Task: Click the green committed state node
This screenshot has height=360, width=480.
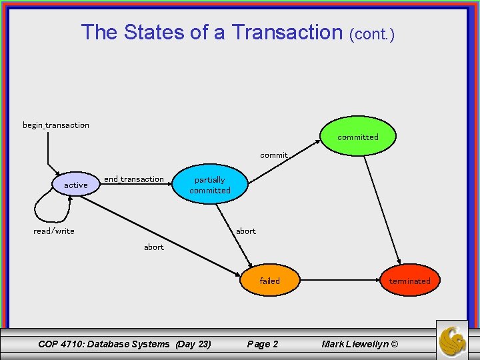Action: (357, 137)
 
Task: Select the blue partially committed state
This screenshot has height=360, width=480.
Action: (210, 185)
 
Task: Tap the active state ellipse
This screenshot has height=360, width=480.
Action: (75, 185)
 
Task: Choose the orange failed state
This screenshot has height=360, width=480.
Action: (270, 281)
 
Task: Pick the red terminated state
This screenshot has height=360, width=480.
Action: (409, 281)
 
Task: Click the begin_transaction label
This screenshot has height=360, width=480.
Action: (56, 125)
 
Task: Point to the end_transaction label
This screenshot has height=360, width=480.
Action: (134, 179)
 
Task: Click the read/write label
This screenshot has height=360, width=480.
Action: (54, 231)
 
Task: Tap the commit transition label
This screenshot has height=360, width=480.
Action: (274, 155)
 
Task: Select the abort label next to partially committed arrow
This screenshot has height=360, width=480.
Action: (246, 231)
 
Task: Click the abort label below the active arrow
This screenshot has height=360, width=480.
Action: (154, 247)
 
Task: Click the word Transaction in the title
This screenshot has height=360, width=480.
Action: (287, 32)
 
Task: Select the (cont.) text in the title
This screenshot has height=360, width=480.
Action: (372, 33)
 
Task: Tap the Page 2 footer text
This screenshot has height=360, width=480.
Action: (263, 344)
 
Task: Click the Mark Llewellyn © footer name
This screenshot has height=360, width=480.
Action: (359, 344)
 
